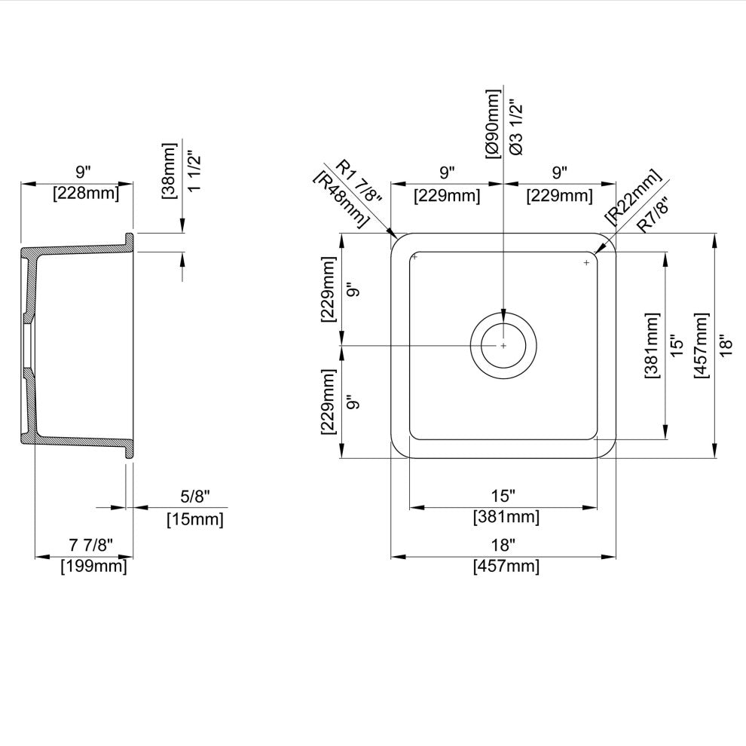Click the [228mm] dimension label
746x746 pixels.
(x=86, y=193)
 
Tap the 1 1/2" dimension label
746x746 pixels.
(x=194, y=171)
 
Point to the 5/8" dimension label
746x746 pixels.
(x=194, y=497)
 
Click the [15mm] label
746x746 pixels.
(x=194, y=519)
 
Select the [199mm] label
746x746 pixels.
(x=93, y=567)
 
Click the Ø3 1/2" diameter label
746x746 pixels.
(x=516, y=127)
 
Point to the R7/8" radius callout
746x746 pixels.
(x=653, y=214)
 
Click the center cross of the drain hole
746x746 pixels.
(x=503, y=345)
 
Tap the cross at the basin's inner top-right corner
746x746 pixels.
(x=586, y=262)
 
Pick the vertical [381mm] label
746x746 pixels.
(x=653, y=345)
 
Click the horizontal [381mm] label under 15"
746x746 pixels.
(x=506, y=518)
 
